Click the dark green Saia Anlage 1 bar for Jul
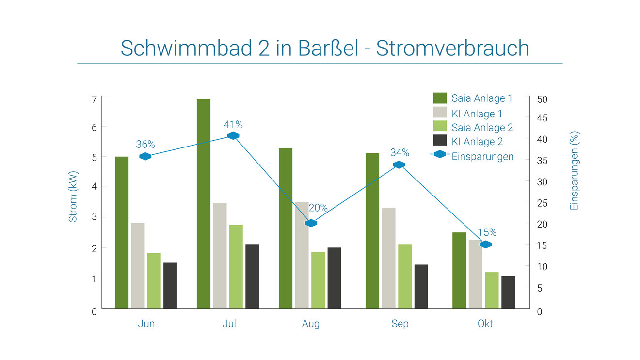pyautogui.click(x=204, y=204)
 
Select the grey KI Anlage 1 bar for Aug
pyautogui.click(x=302, y=255)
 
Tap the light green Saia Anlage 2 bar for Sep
pyautogui.click(x=405, y=276)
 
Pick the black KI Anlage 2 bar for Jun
pyautogui.click(x=170, y=286)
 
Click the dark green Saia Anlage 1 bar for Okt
pyautogui.click(x=459, y=271)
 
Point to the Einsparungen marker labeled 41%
pyautogui.click(x=233, y=136)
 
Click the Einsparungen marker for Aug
pyautogui.click(x=311, y=223)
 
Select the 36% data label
pyautogui.click(x=145, y=145)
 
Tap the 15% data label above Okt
pyautogui.click(x=487, y=232)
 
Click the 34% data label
pyautogui.click(x=400, y=153)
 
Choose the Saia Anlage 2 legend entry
pyautogui.click(x=473, y=127)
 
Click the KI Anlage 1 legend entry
pyautogui.click(x=468, y=114)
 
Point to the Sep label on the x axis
pyautogui.click(x=400, y=324)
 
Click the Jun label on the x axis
pyautogui.click(x=146, y=324)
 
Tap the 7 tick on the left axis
pyautogui.click(x=94, y=99)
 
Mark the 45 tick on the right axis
pyautogui.click(x=542, y=118)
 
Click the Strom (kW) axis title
pyautogui.click(x=73, y=196)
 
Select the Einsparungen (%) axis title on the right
pyautogui.click(x=574, y=171)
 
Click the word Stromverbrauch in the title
pyautogui.click(x=452, y=48)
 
